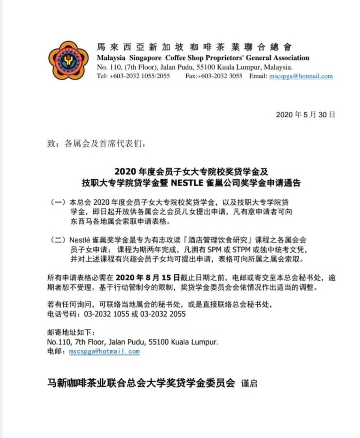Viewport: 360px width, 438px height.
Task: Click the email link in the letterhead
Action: (x=300, y=76)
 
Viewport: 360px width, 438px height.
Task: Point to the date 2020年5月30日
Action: (x=305, y=115)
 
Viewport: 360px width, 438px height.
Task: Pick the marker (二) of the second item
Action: (x=58, y=240)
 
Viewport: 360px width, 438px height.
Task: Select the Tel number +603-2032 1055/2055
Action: (x=133, y=76)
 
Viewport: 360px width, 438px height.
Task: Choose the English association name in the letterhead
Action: (x=203, y=58)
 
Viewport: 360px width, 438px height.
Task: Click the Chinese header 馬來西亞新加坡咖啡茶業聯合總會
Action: (x=195, y=47)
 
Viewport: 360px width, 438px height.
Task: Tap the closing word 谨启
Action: (x=250, y=383)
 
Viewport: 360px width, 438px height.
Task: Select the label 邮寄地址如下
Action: (x=69, y=333)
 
